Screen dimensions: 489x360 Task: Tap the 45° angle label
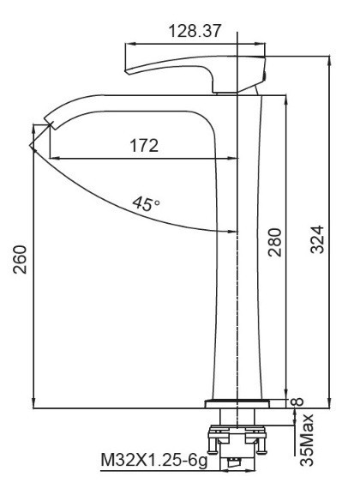point(145,203)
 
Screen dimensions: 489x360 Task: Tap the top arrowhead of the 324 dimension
point(329,57)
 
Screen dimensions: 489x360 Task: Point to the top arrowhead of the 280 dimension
point(284,99)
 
